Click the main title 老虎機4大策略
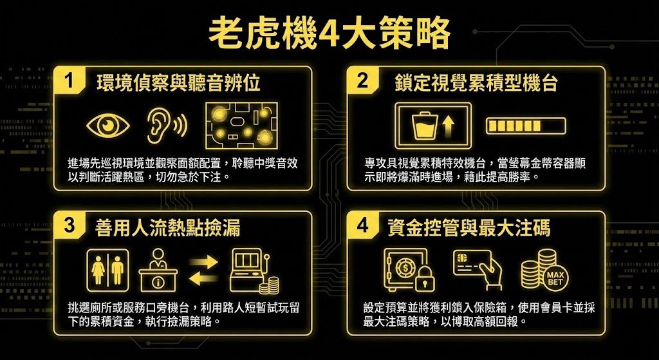(329, 33)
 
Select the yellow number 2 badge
(362, 81)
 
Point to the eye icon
(106, 125)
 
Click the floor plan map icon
(241, 126)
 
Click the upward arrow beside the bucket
(449, 126)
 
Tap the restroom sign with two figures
(107, 270)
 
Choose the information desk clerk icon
(158, 270)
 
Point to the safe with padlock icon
(409, 270)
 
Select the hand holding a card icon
(478, 269)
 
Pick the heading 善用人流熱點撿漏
(168, 228)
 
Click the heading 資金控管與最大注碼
(469, 228)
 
